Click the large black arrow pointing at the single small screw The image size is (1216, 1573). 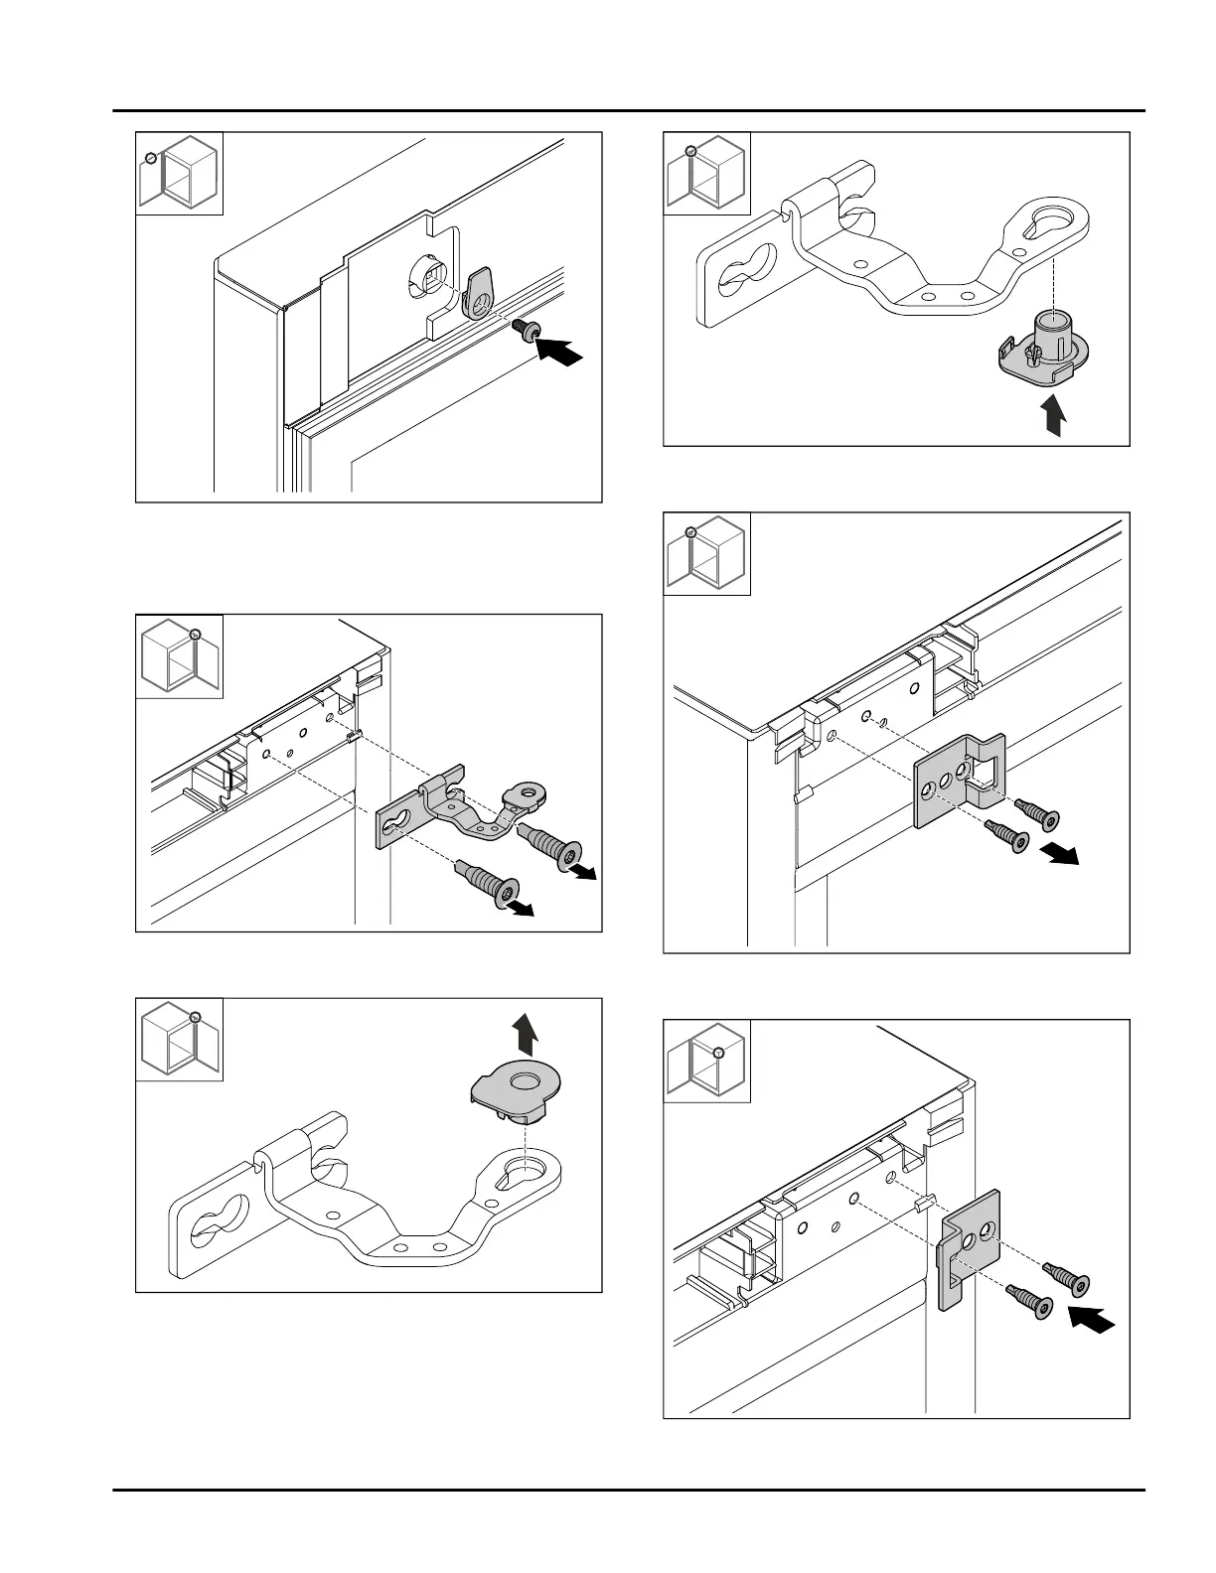559,352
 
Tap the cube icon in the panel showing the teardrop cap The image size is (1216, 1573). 179,173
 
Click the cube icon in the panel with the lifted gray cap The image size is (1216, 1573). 179,1039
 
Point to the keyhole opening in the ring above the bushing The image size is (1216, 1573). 1049,216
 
